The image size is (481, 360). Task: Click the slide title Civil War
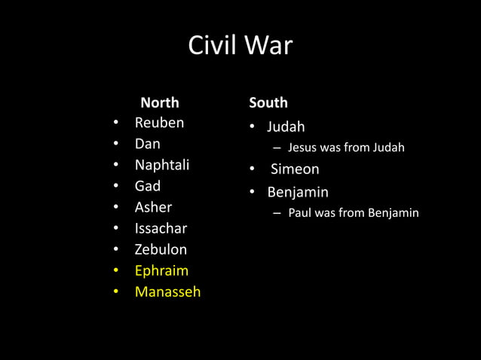[240, 46]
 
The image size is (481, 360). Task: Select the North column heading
[160, 102]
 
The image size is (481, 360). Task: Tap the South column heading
[268, 102]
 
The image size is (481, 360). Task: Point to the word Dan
[147, 144]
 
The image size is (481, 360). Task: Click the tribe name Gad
[147, 186]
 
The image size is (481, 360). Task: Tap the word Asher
[153, 207]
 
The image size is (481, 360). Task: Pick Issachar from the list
[161, 228]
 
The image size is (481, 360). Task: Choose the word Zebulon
[161, 249]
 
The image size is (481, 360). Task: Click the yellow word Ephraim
[161, 270]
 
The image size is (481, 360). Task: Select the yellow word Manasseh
[167, 291]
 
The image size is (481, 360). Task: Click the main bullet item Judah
[286, 127]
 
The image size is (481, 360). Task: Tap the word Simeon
[295, 169]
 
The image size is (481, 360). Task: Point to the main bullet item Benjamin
[298, 192]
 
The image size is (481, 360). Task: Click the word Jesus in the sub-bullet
[302, 148]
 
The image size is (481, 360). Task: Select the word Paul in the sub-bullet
[301, 213]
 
